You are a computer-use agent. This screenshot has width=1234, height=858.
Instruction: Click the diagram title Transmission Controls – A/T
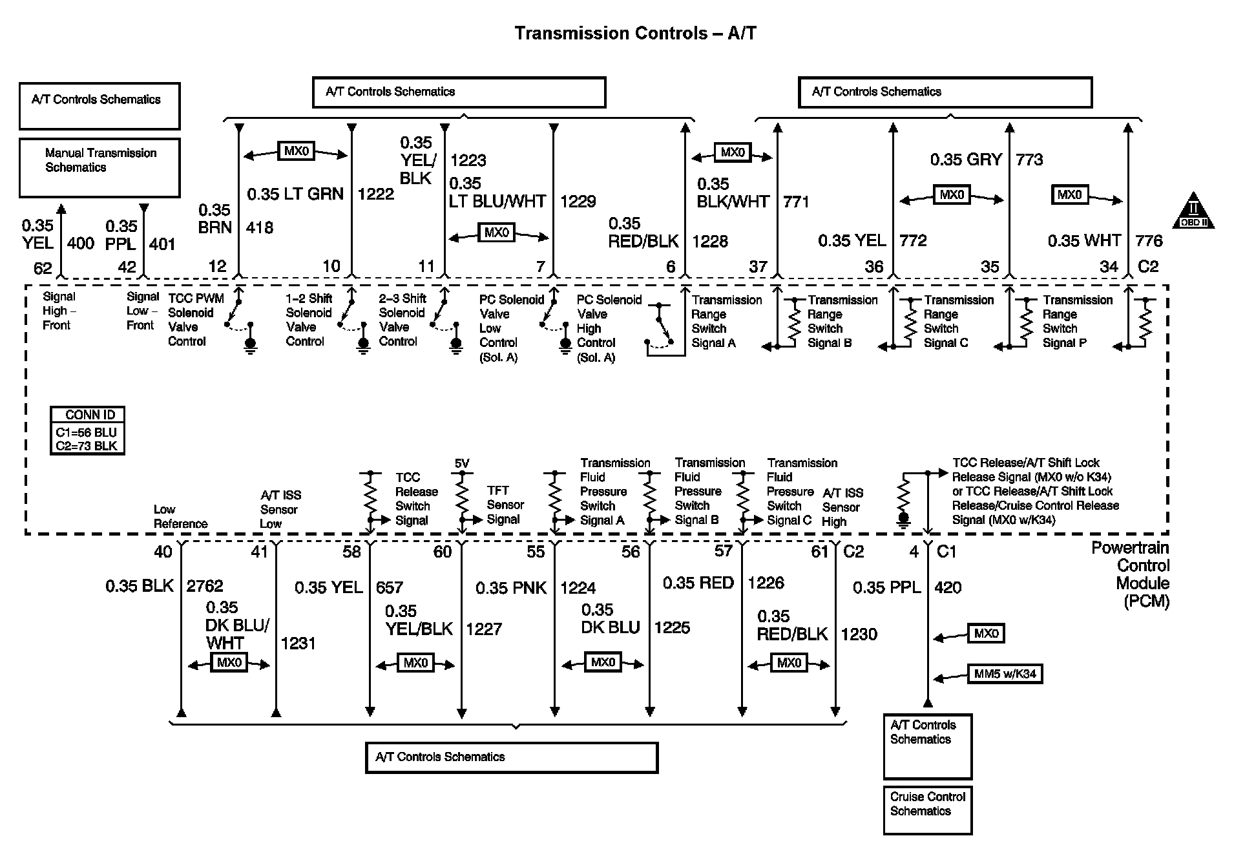tap(635, 34)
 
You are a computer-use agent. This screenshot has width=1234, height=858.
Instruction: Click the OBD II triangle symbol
tap(1193, 212)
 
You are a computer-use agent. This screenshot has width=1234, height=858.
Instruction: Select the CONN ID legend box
tap(87, 430)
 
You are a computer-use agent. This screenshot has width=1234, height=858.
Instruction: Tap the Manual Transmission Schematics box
tap(99, 167)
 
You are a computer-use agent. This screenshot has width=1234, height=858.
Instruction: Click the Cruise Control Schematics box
tap(927, 810)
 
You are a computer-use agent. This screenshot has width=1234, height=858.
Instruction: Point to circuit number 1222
tap(375, 194)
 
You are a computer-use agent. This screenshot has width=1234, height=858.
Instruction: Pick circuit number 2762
tap(205, 586)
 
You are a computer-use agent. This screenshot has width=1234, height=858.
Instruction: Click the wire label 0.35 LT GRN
tap(295, 194)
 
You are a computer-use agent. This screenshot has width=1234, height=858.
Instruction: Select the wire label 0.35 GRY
tap(966, 160)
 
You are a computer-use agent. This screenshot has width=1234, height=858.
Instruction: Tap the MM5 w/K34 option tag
tap(1005, 674)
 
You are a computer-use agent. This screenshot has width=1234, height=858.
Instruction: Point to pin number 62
tap(43, 267)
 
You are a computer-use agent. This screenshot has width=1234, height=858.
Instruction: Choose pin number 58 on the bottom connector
tap(352, 552)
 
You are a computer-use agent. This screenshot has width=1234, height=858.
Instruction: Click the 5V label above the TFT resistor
tap(462, 463)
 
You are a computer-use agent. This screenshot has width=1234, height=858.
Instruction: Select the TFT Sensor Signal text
tap(505, 505)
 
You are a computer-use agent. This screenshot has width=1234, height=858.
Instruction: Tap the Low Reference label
tap(180, 516)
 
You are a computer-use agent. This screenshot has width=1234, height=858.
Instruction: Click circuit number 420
tap(948, 587)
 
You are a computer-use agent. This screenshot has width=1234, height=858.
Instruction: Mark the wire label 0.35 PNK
tap(511, 588)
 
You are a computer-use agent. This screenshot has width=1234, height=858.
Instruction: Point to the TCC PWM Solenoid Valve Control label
tap(196, 319)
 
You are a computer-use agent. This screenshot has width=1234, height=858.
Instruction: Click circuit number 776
tap(1149, 241)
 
